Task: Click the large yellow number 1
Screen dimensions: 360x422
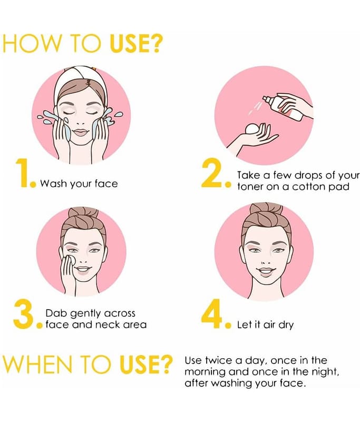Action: [22, 172]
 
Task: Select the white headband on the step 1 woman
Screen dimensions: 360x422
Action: [79, 80]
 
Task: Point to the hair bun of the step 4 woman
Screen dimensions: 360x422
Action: [266, 213]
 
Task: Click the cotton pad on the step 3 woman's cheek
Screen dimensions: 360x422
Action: [71, 260]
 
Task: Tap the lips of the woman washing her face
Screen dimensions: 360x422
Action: [81, 132]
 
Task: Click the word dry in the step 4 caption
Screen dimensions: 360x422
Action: [286, 325]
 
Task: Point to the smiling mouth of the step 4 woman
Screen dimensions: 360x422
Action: [266, 271]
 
